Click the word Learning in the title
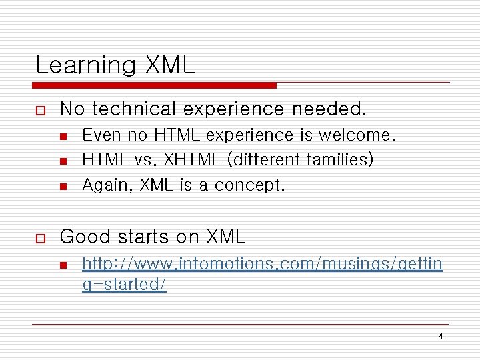tap(85, 65)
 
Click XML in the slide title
tap(169, 65)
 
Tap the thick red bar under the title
tap(155, 85)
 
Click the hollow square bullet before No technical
tap(40, 108)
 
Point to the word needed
tap(331, 108)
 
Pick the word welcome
tap(357, 135)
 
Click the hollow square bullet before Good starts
tap(40, 237)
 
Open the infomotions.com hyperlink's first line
tap(261, 265)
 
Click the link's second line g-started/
tap(124, 284)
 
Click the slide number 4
tap(441, 336)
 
